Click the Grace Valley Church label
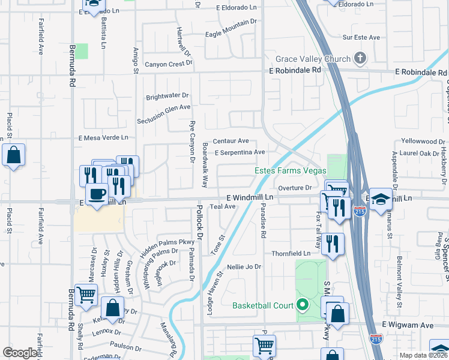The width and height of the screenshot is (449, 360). click(313, 59)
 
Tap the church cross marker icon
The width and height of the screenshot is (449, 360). click(360, 58)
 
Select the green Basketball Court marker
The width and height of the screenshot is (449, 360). click(303, 305)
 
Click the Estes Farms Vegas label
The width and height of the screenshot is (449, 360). click(286, 170)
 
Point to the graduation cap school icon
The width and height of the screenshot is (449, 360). click(381, 199)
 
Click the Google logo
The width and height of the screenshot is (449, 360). click(20, 353)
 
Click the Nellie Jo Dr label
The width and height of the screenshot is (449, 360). click(245, 266)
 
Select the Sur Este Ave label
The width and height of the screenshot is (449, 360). click(361, 37)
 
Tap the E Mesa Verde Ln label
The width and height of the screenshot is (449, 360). click(104, 137)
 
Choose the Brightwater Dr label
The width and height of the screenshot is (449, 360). click(167, 95)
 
